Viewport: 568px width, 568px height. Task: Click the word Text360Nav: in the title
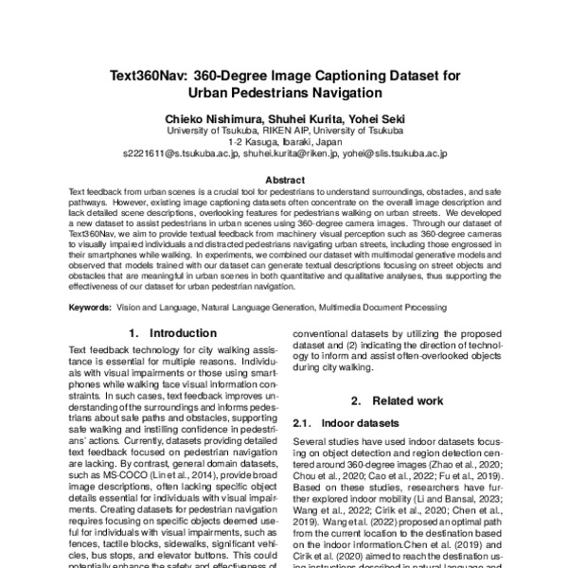154,75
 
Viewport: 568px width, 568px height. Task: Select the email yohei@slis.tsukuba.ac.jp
397,151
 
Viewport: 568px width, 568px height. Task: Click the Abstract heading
284,179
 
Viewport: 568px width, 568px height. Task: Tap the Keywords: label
94,308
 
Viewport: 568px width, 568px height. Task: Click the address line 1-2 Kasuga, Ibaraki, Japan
284,139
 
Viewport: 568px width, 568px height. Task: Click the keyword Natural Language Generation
268,308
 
